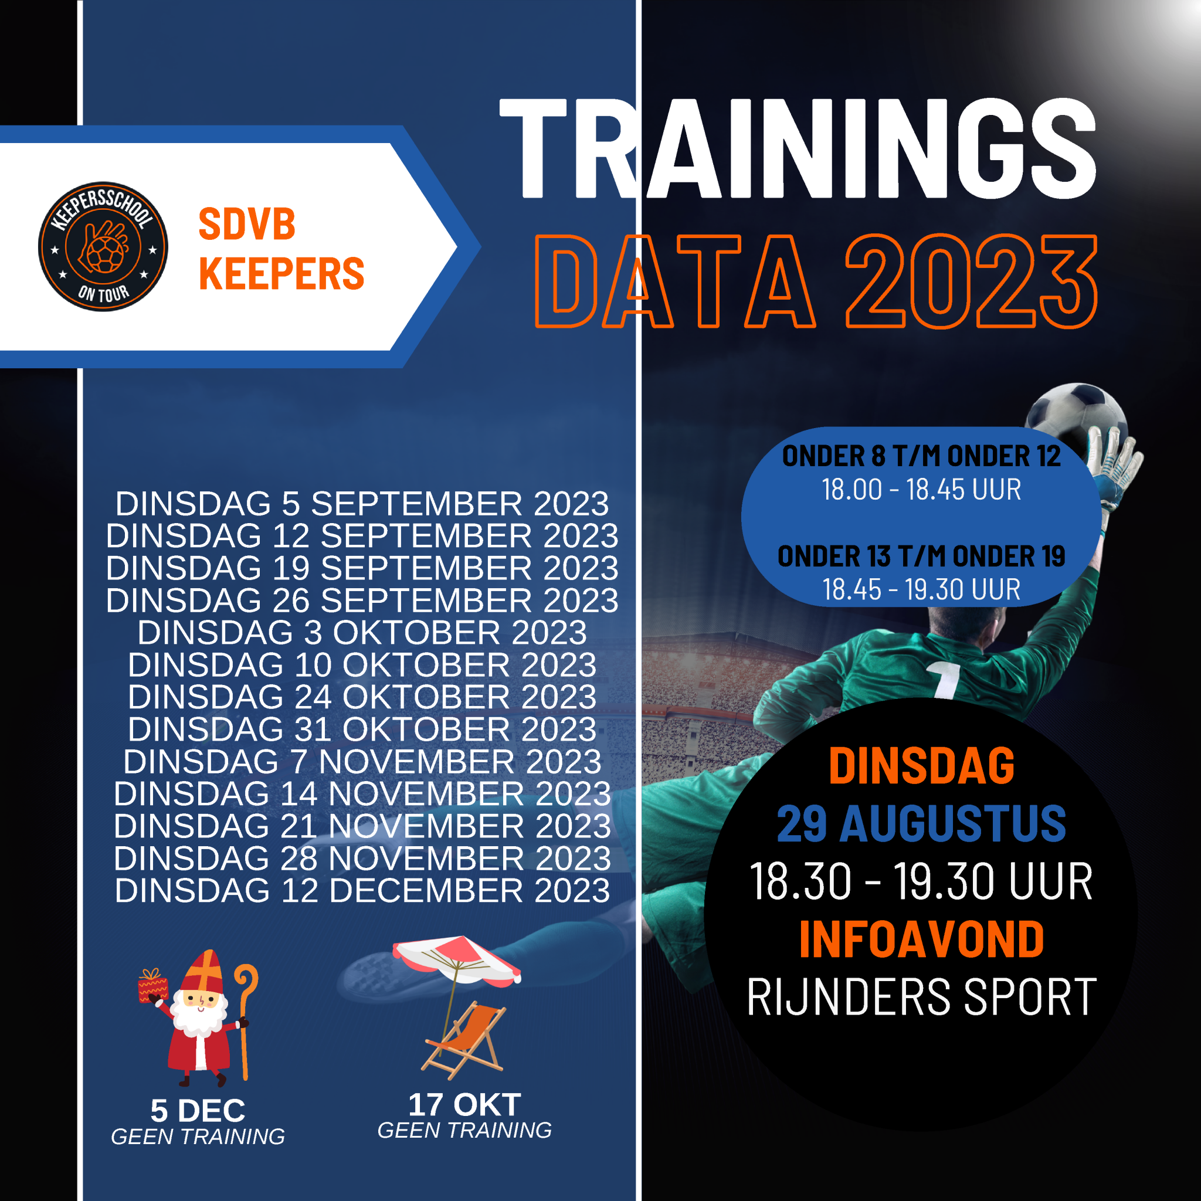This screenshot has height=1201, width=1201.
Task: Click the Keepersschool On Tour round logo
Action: [103, 247]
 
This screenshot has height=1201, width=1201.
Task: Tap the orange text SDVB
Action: [247, 224]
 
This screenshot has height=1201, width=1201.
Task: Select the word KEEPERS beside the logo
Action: [281, 273]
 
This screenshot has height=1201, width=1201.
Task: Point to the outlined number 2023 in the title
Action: [972, 281]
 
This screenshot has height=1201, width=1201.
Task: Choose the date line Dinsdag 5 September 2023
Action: [362, 504]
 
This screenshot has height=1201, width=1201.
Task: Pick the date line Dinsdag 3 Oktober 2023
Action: [362, 633]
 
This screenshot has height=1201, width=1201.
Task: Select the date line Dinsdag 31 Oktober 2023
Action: [362, 729]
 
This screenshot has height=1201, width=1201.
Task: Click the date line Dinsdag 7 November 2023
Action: [362, 762]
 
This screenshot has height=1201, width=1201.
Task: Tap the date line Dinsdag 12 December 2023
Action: [362, 891]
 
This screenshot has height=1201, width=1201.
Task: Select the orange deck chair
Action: [464, 1039]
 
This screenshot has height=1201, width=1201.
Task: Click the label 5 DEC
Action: [198, 1111]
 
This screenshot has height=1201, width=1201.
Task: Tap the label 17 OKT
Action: [464, 1105]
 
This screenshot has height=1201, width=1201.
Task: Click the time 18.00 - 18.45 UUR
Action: [921, 489]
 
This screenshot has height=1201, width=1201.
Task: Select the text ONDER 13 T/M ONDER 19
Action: [921, 557]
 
